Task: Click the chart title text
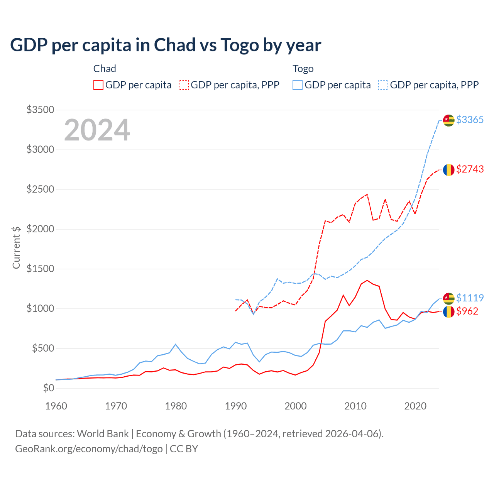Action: pyautogui.click(x=166, y=45)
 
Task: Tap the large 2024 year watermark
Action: pyautogui.click(x=97, y=130)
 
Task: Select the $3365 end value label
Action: pyautogui.click(x=470, y=120)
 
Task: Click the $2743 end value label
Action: pyautogui.click(x=470, y=169)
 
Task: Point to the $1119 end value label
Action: pyautogui.click(x=470, y=298)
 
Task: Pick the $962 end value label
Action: pyautogui.click(x=467, y=311)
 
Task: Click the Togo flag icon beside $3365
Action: pyautogui.click(x=448, y=120)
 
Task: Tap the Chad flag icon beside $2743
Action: pyautogui.click(x=448, y=170)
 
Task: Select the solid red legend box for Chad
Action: pyautogui.click(x=98, y=85)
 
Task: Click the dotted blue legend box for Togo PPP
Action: pyautogui.click(x=383, y=85)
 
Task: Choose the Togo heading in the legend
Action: pyautogui.click(x=303, y=69)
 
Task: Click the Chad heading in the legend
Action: pyautogui.click(x=105, y=69)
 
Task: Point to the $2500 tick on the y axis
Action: pyautogui.click(x=40, y=189)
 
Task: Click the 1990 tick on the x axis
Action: pyautogui.click(x=236, y=406)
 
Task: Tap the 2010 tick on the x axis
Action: pyautogui.click(x=355, y=406)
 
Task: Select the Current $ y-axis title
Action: pyautogui.click(x=16, y=247)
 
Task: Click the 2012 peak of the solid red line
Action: pyautogui.click(x=367, y=281)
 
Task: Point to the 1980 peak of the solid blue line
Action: pyautogui.click(x=176, y=344)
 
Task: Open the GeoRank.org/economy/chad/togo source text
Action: pyautogui.click(x=89, y=449)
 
